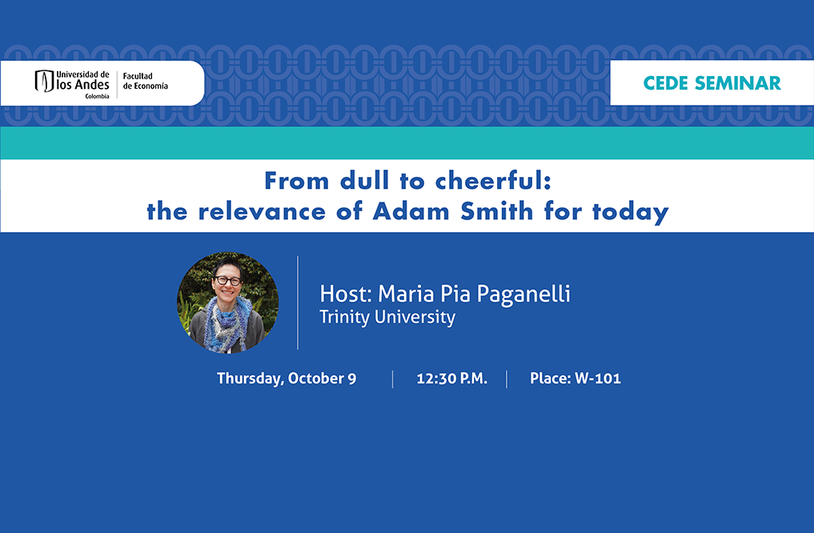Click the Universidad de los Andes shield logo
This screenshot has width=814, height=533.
click(x=44, y=82)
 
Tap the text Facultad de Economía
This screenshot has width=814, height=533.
click(x=146, y=81)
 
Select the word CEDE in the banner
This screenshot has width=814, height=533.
click(x=666, y=83)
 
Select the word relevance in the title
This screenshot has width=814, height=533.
click(x=262, y=211)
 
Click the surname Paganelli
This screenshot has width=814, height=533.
click(x=523, y=295)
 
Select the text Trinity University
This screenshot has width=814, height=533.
click(x=387, y=317)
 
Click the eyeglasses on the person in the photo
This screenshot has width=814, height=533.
click(x=228, y=281)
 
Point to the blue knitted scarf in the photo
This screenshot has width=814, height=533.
click(x=227, y=323)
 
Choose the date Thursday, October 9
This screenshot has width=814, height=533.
click(x=287, y=379)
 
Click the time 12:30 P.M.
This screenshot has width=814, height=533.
click(x=451, y=379)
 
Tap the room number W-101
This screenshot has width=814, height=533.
click(x=598, y=379)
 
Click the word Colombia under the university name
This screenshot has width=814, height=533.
click(x=97, y=97)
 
